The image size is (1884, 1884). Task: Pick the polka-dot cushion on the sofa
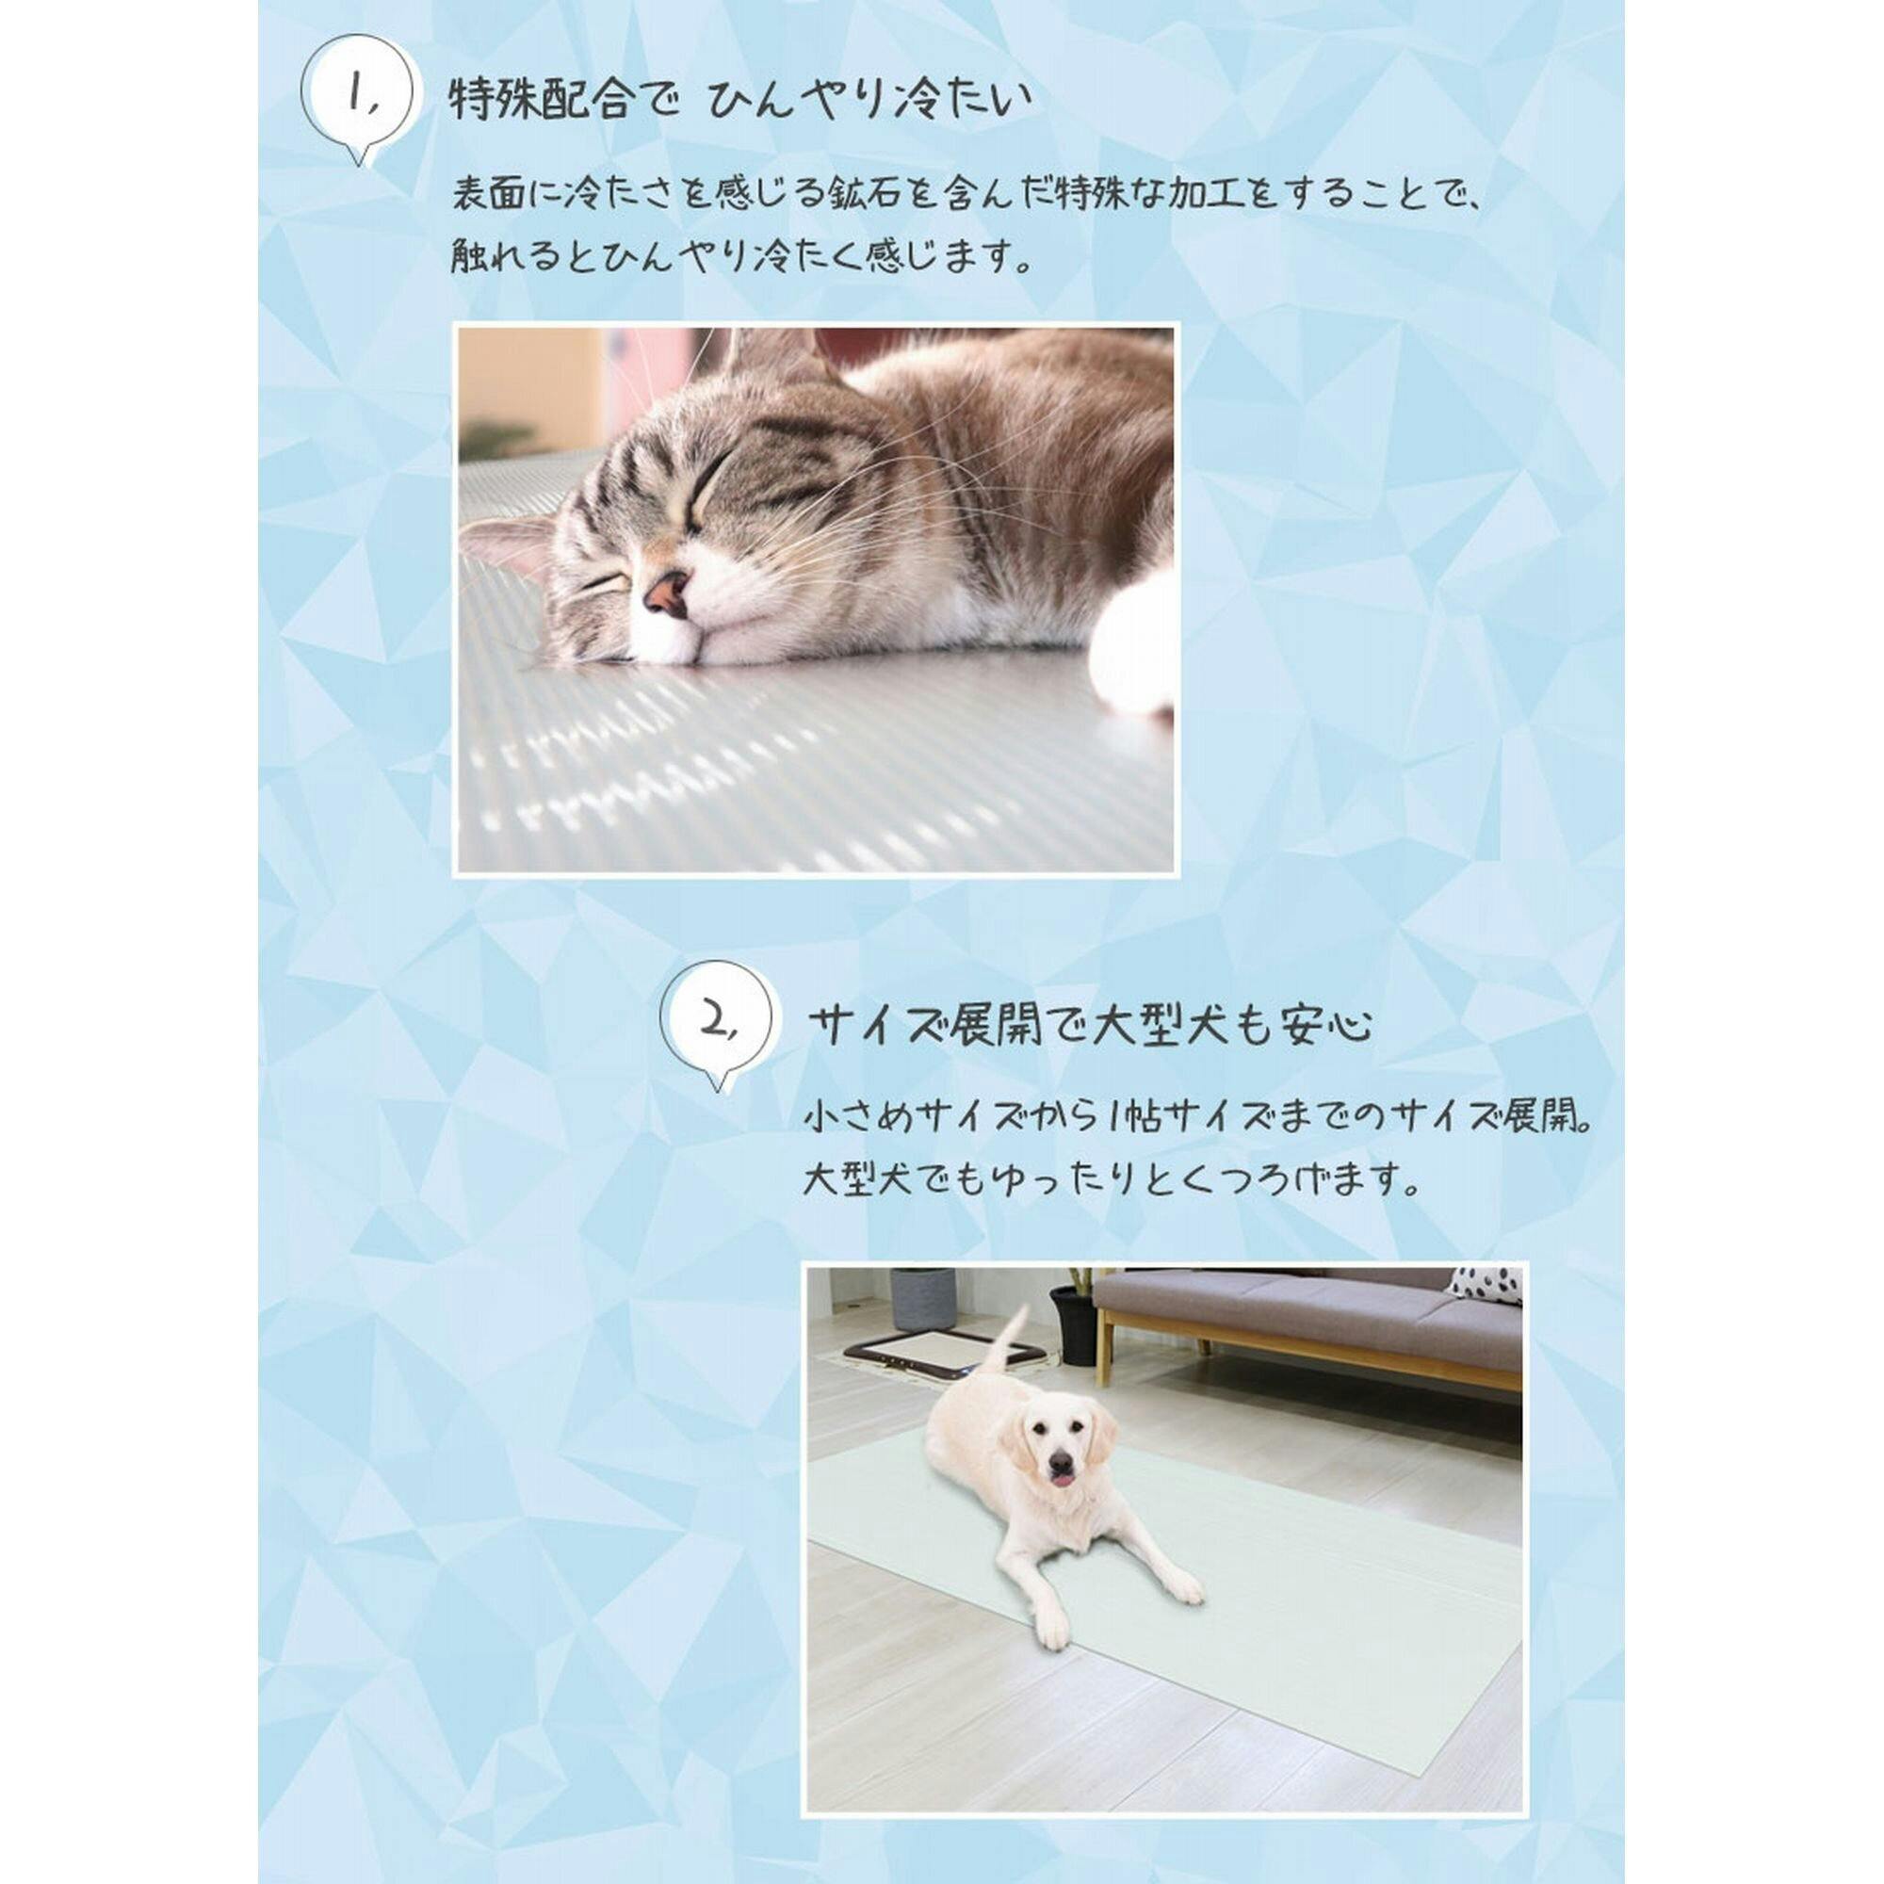point(1487,1284)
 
